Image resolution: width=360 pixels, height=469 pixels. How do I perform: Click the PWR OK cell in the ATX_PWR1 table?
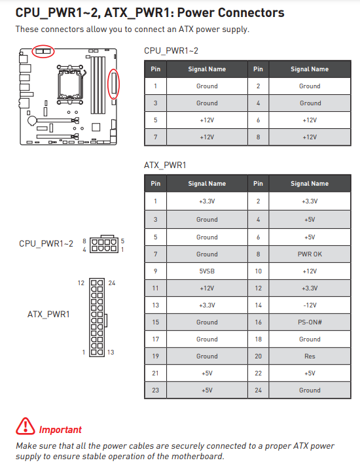point(310,254)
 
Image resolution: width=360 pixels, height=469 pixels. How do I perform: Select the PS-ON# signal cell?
point(310,322)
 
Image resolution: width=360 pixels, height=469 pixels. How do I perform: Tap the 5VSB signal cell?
point(207,271)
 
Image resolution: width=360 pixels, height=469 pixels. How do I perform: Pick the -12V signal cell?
point(310,305)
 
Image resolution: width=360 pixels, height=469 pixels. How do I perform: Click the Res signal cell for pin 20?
point(310,356)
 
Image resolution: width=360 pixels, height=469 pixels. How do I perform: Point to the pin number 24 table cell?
point(258,390)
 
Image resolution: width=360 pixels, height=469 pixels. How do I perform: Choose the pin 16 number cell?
point(258,322)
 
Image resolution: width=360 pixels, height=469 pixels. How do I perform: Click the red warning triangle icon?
point(26,426)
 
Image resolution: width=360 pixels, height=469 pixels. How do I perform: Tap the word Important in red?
point(60,430)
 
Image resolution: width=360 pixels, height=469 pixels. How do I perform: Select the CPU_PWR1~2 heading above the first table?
point(171,51)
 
